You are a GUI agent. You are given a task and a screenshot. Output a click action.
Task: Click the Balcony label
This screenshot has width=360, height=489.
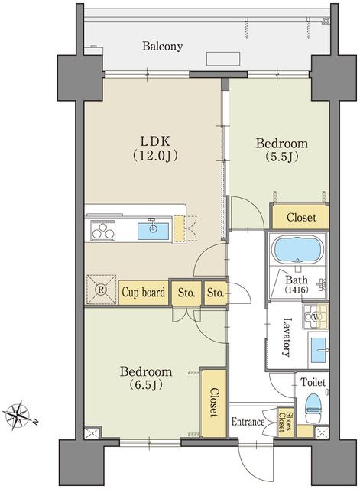[x=162, y=46]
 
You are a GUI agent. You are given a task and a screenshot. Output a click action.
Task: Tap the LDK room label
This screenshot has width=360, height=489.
[x=155, y=141]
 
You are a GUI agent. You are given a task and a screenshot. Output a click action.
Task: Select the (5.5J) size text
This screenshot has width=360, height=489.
[x=282, y=157]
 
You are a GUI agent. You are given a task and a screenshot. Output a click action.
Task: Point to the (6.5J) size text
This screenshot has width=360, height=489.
[x=146, y=385]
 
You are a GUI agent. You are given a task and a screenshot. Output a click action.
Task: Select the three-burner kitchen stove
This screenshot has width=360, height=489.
[x=103, y=230]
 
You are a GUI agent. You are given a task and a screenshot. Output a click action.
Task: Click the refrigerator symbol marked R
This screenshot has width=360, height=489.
[x=102, y=289]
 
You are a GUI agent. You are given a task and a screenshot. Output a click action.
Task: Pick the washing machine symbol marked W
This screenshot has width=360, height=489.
[x=316, y=316]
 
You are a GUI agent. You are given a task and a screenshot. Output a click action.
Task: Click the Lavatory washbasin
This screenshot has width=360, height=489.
[x=319, y=350]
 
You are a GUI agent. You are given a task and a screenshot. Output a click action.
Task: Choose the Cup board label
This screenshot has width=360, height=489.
[x=144, y=293]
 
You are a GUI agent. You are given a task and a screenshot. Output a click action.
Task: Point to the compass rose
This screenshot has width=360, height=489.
[x=18, y=416]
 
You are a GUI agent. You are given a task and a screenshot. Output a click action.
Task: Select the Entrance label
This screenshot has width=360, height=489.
[x=248, y=422]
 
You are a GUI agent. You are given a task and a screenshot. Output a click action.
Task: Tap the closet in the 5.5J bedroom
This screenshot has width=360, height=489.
[x=300, y=217]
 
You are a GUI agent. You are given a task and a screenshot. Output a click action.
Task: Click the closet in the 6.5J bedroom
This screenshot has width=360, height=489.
[x=213, y=403]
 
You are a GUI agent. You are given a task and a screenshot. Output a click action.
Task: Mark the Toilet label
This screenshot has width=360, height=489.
[x=313, y=382]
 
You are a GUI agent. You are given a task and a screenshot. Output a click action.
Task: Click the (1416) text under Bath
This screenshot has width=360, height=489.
[x=297, y=290]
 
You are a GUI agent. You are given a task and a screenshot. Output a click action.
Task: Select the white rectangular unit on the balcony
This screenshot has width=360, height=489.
[x=223, y=59]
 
